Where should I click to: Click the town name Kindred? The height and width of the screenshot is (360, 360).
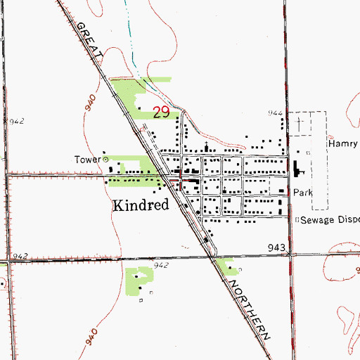141,205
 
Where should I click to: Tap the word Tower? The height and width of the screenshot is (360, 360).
88,159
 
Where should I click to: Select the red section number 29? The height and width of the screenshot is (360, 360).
161,112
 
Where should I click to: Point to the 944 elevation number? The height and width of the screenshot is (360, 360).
274,113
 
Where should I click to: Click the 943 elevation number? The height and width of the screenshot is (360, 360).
277,247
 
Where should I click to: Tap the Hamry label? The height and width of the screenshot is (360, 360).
343,143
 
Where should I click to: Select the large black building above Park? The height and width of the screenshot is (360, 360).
295,169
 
